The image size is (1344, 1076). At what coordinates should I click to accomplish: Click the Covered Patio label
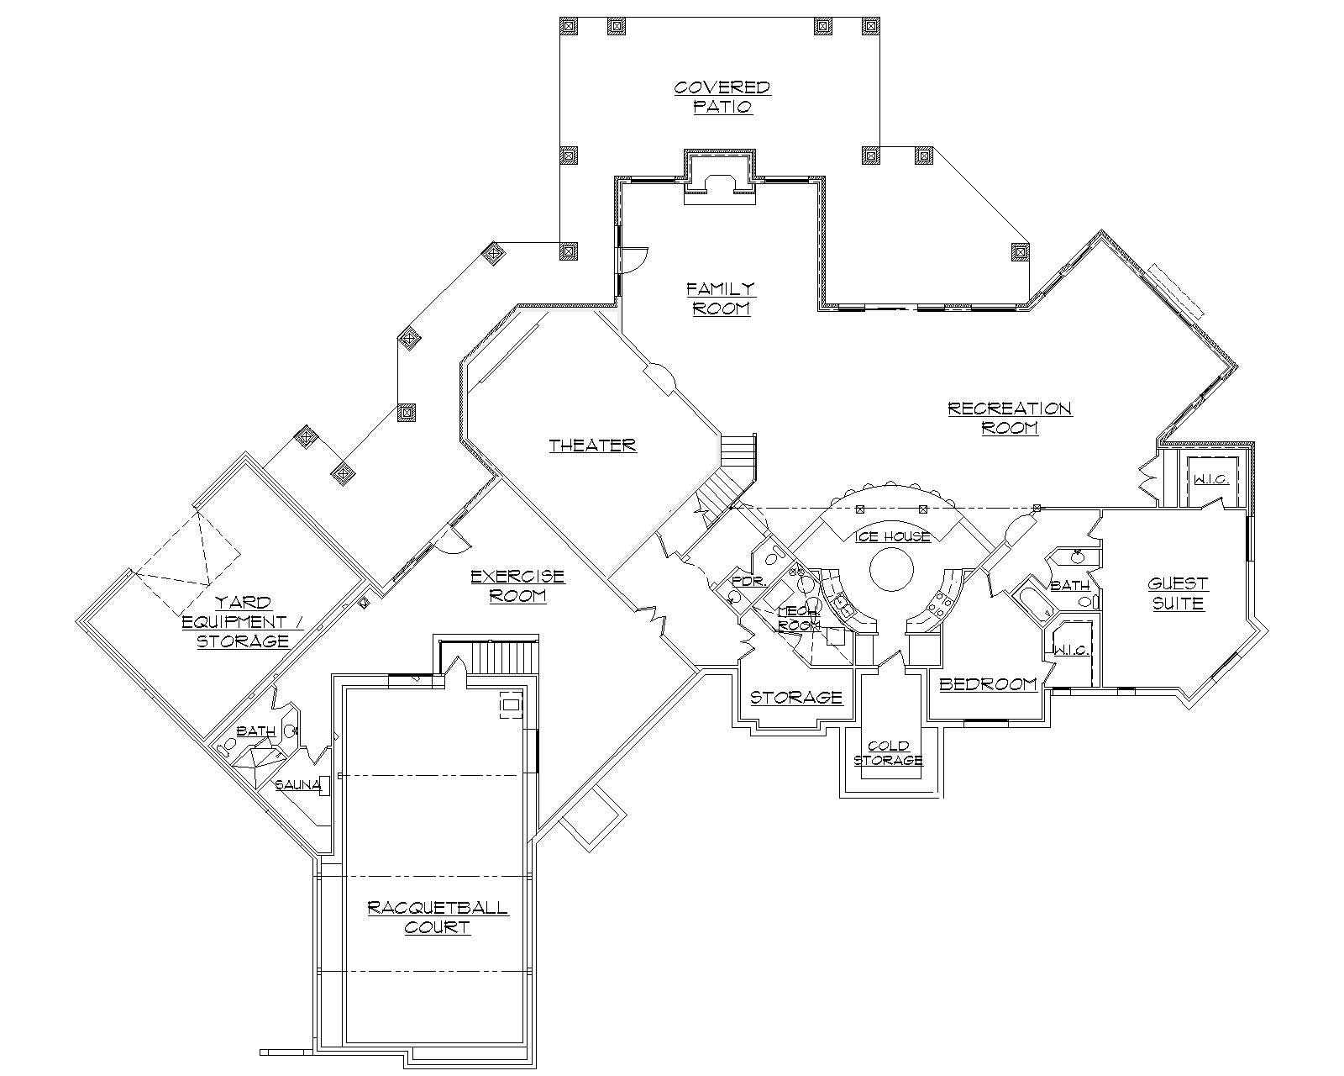pyautogui.click(x=722, y=98)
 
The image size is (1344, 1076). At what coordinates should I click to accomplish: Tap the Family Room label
pyautogui.click(x=721, y=298)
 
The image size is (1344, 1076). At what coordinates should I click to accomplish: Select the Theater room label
pyautogui.click(x=593, y=446)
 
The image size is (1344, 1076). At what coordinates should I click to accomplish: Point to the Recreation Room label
pyautogui.click(x=1010, y=418)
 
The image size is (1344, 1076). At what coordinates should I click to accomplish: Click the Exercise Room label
pyautogui.click(x=517, y=586)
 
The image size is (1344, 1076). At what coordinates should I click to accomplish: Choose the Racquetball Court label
pyautogui.click(x=437, y=917)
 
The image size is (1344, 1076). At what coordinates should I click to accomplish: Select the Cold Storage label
pyautogui.click(x=889, y=753)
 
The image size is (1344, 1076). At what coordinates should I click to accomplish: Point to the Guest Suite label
pyautogui.click(x=1178, y=593)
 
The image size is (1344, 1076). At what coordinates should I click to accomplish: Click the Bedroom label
pyautogui.click(x=988, y=684)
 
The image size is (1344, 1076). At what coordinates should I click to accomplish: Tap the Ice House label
pyautogui.click(x=893, y=536)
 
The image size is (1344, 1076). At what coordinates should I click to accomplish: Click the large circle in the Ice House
pyautogui.click(x=891, y=571)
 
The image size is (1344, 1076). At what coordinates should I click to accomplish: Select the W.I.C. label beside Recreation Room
pyautogui.click(x=1210, y=480)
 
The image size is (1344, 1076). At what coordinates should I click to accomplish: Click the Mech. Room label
pyautogui.click(x=798, y=619)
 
